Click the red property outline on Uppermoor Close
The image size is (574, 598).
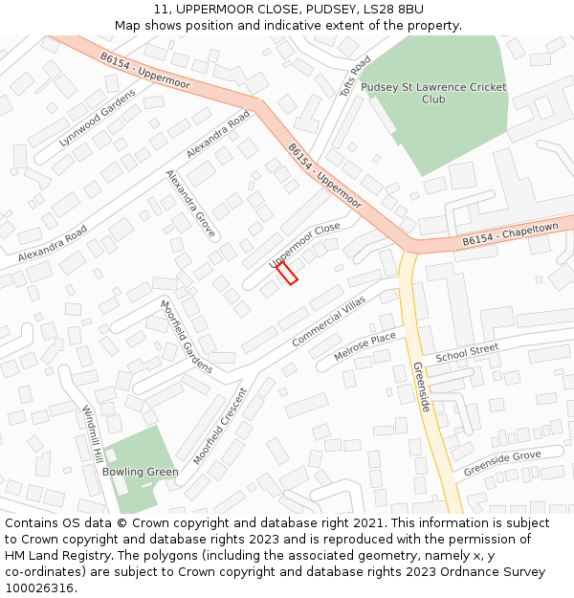point(287,273)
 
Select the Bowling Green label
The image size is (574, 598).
point(140,472)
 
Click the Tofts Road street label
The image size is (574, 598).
point(354,76)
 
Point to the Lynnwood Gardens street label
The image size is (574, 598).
point(98,123)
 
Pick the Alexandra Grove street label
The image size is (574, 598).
point(190,204)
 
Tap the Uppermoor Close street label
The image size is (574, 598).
point(304,244)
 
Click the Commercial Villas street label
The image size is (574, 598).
point(328,321)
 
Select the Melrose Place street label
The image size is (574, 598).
point(364,346)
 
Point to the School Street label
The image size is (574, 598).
point(467,352)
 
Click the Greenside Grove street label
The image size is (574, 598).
point(501,464)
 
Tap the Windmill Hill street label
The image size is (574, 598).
point(94,437)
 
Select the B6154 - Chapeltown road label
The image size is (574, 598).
point(510,234)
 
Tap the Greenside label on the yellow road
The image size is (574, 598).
point(422,388)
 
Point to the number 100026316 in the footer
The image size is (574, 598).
point(39,588)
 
